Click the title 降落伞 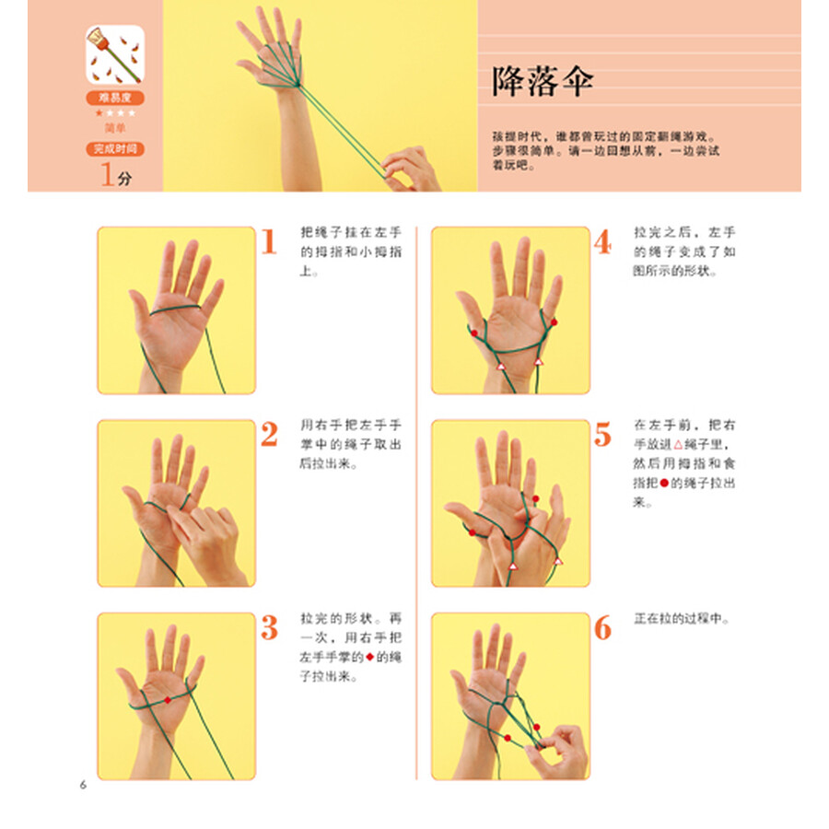coord(543,81)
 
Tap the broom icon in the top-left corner coord(115,54)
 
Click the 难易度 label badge coord(115,98)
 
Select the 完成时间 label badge coord(115,148)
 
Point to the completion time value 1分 coord(115,175)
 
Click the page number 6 coord(82,785)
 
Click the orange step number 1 coord(268,242)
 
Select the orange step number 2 coord(268,435)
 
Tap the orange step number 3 coord(268,628)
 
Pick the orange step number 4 coord(601,242)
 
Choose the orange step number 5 coord(601,435)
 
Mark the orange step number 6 coord(601,628)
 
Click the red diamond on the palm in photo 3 coord(168,700)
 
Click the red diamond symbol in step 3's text coord(370,657)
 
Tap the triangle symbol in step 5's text coord(679,445)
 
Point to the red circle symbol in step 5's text coord(663,484)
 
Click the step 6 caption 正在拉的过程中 coord(682,619)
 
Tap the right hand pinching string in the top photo coord(410,166)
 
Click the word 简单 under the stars coord(115,127)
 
